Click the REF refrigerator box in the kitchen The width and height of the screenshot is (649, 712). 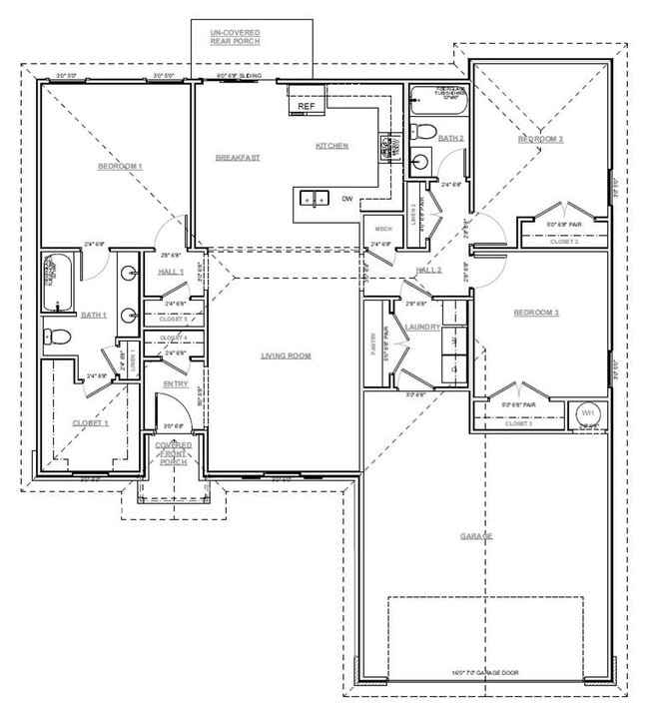pyautogui.click(x=306, y=104)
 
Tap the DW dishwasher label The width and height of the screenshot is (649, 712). pyautogui.click(x=347, y=199)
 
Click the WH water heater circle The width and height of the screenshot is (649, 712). pyautogui.click(x=587, y=413)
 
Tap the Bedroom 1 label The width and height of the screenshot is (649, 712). pyautogui.click(x=120, y=166)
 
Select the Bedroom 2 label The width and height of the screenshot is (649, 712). pyautogui.click(x=540, y=139)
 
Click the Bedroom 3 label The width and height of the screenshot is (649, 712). pyautogui.click(x=536, y=313)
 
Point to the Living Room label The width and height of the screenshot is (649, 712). pyautogui.click(x=287, y=356)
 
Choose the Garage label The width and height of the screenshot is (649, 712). pyautogui.click(x=476, y=536)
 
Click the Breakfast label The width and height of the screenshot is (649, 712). pyautogui.click(x=238, y=158)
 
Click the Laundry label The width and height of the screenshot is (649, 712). pyautogui.click(x=422, y=326)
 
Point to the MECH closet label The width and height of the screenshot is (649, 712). pyautogui.click(x=383, y=229)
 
